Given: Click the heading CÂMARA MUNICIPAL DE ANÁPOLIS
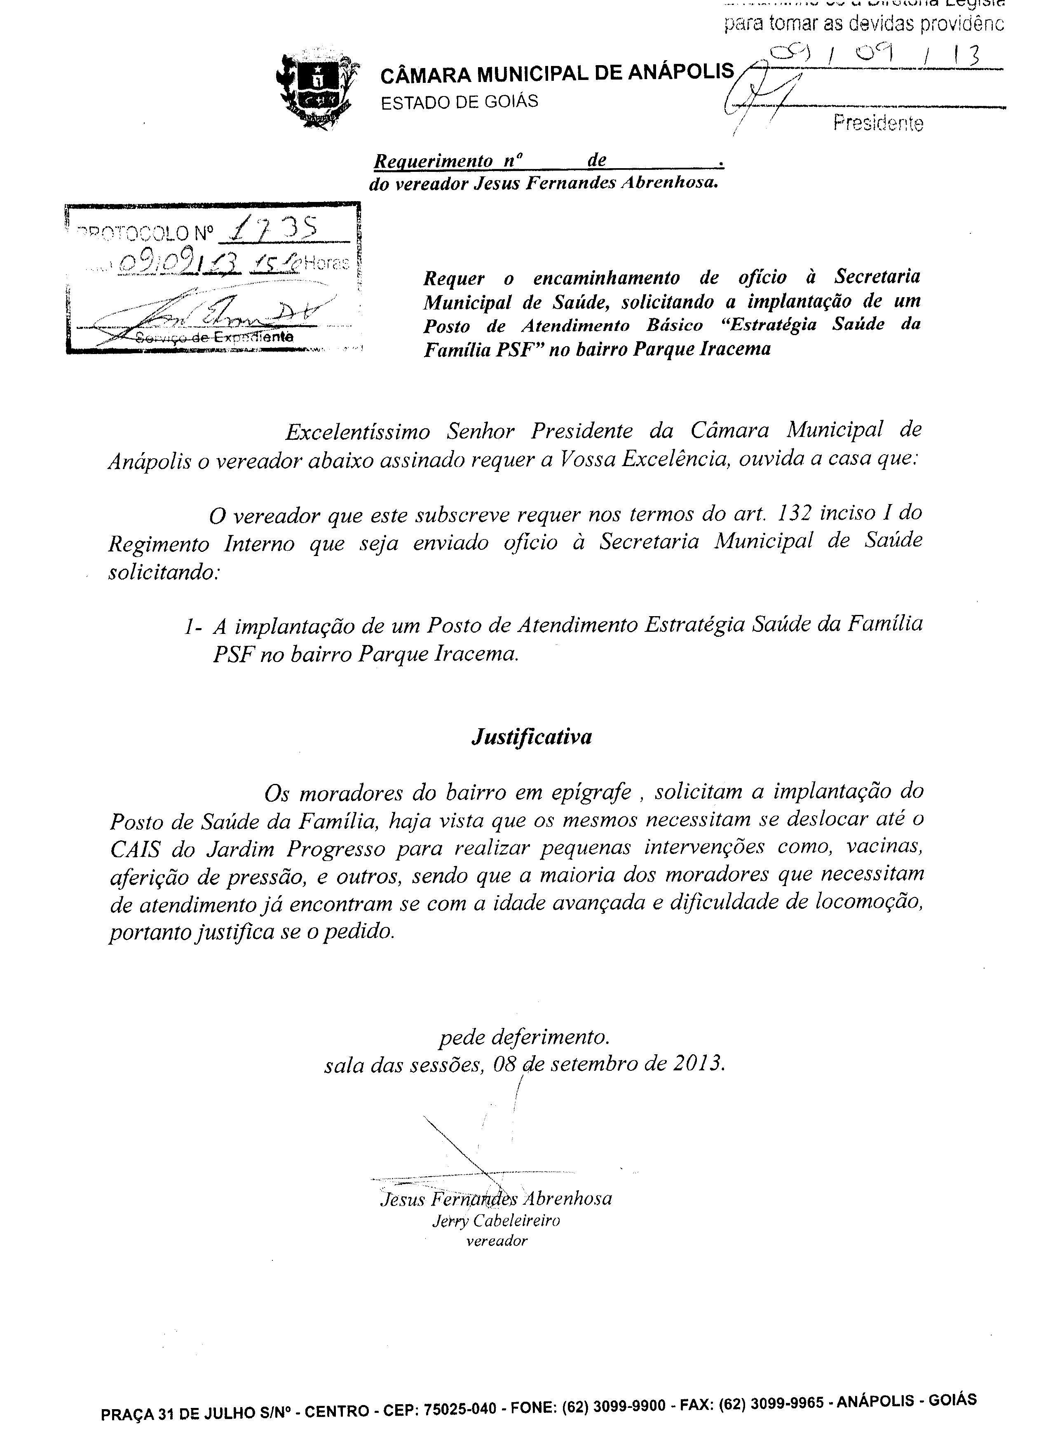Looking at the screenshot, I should pos(557,74).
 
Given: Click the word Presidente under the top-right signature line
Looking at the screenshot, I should pos(877,123).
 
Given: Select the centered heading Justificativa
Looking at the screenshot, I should pos(531,737).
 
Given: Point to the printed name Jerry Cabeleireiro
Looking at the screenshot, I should pos(496,1221).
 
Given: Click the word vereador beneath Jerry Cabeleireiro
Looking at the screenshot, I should pos(497,1241).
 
